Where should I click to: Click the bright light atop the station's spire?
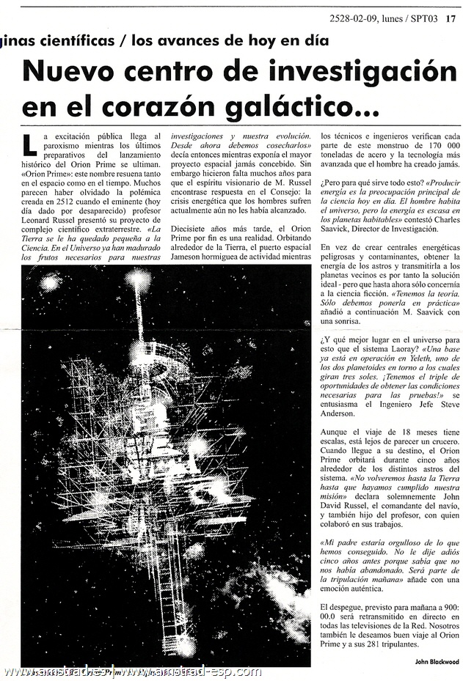pos(139,276)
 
